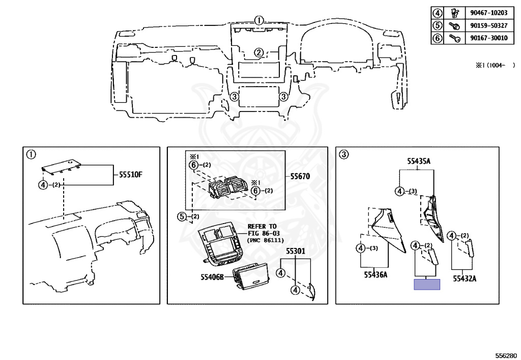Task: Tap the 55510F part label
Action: pyautogui.click(x=131, y=175)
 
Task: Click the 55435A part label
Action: pyautogui.click(x=419, y=161)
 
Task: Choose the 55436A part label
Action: pyautogui.click(x=375, y=275)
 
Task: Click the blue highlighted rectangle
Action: pyautogui.click(x=427, y=285)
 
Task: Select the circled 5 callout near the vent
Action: pyautogui.click(x=182, y=217)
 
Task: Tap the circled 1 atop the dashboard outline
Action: pyautogui.click(x=259, y=21)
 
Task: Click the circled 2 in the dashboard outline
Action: pyautogui.click(x=259, y=52)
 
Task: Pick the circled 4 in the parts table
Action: pyautogui.click(x=437, y=12)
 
